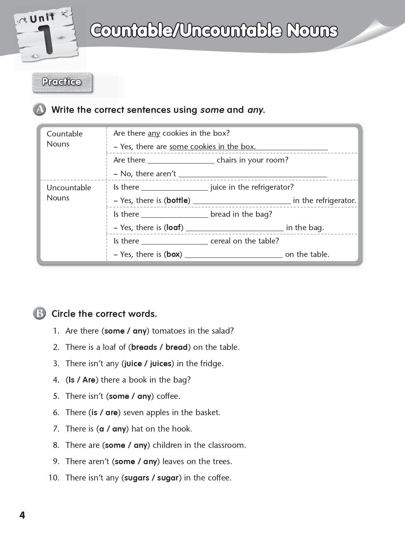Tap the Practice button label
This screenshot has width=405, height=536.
tap(62, 82)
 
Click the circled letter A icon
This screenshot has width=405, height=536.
tap(40, 110)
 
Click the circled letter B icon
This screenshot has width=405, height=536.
tap(40, 314)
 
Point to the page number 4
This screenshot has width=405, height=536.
tap(22, 515)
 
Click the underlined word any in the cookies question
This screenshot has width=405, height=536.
tap(154, 133)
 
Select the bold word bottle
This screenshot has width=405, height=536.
tap(177, 200)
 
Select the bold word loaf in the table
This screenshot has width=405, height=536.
tap(174, 228)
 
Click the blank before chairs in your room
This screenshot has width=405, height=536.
tap(181, 160)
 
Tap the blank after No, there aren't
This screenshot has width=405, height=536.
tap(253, 174)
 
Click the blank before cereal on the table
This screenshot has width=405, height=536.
tap(175, 241)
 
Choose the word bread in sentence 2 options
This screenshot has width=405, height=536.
tap(176, 347)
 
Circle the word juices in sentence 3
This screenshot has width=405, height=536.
tap(161, 364)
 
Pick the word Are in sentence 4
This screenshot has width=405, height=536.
tap(89, 380)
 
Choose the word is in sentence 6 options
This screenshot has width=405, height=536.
tap(94, 413)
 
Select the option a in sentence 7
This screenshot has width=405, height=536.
tap(101, 429)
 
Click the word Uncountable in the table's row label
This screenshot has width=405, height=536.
tap(69, 188)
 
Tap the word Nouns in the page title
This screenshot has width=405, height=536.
tap(312, 31)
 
